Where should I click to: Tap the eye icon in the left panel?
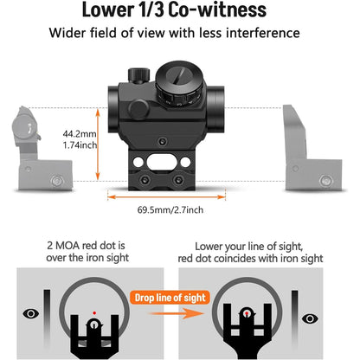pyautogui.click(x=32, y=313)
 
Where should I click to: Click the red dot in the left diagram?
pyautogui.click(x=94, y=312)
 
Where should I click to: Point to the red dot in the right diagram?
pyautogui.click(x=247, y=312)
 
